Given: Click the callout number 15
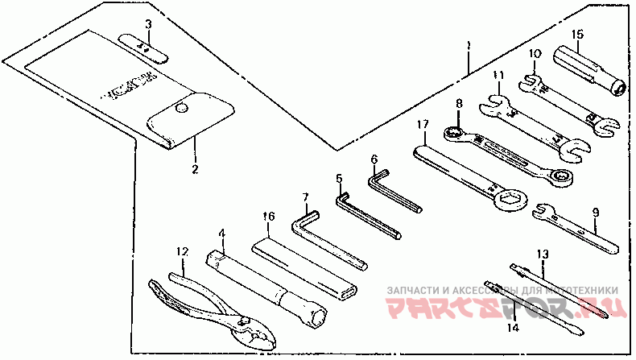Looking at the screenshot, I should tap(577, 35).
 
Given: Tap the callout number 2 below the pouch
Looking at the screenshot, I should tap(194, 169).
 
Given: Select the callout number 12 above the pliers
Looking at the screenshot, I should tap(183, 252).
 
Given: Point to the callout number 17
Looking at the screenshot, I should tap(422, 125).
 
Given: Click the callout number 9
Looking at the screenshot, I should tap(595, 213).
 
